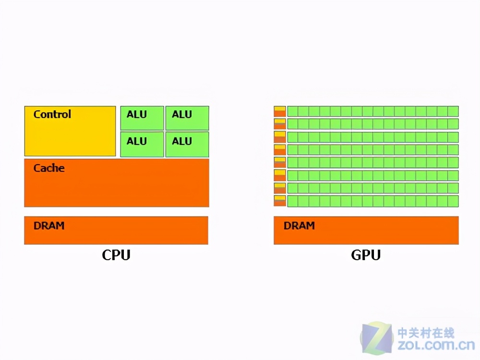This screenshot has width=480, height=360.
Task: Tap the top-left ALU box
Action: [x=142, y=118]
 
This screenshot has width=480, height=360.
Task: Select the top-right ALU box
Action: [x=187, y=118]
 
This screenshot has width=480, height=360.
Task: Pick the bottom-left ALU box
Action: [x=142, y=144]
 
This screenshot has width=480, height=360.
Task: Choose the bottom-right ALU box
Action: [x=187, y=144]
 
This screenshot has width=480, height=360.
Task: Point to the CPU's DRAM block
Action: [x=116, y=230]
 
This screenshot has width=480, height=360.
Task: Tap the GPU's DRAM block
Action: [x=366, y=230]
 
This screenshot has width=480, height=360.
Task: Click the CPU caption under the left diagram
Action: [x=116, y=255]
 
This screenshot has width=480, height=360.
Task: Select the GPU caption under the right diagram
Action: [x=366, y=255]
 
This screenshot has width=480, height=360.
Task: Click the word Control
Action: [x=52, y=114]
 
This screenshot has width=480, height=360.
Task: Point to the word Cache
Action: [x=49, y=168]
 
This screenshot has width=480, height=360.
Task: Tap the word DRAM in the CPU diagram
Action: [x=49, y=225]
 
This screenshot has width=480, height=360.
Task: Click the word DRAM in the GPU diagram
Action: [x=299, y=225]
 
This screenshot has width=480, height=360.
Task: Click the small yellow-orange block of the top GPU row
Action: [x=280, y=111]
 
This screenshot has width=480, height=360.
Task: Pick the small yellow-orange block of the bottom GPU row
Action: [x=280, y=201]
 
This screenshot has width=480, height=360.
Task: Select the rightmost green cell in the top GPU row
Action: [x=453, y=111]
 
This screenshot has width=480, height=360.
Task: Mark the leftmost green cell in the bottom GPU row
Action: [x=292, y=201]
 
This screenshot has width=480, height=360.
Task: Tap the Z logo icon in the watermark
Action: [x=377, y=339]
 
